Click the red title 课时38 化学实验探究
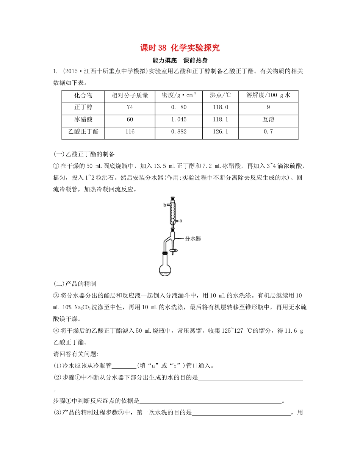(x=180, y=48)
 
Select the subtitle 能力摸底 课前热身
(x=180, y=60)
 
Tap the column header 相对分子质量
(x=130, y=96)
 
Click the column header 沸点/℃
(x=220, y=96)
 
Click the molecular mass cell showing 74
(x=130, y=108)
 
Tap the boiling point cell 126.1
(x=220, y=132)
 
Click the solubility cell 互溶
(x=268, y=120)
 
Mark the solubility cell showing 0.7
(x=268, y=132)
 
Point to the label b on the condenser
(x=164, y=205)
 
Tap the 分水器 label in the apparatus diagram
(x=193, y=239)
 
